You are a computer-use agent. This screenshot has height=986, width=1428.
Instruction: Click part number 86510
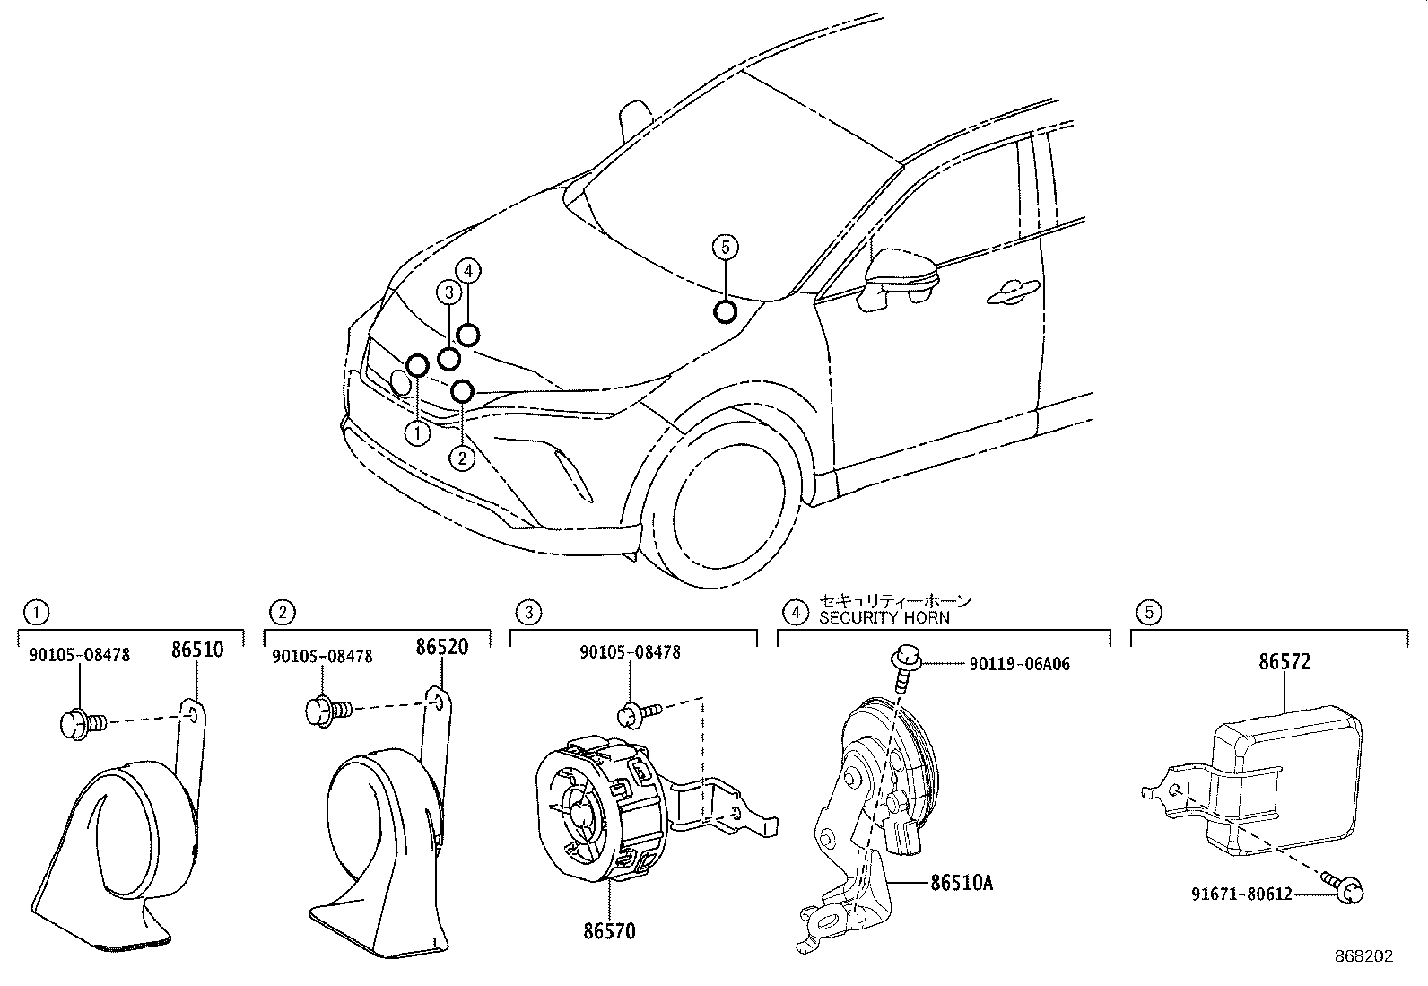(x=196, y=649)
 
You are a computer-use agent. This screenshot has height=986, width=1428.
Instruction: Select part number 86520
(x=441, y=647)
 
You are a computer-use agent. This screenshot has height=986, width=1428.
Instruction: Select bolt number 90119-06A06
(x=1019, y=664)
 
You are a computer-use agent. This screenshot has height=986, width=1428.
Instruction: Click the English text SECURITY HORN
(x=884, y=617)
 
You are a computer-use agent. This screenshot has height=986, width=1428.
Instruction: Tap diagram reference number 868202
(x=1363, y=956)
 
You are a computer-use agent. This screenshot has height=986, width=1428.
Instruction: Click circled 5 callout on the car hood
(x=725, y=246)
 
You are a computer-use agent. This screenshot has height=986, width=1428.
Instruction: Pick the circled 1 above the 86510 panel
(x=36, y=613)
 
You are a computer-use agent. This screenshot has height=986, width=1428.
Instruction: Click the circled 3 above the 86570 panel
(x=528, y=613)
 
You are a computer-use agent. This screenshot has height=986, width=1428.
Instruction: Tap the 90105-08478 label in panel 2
(x=323, y=656)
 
